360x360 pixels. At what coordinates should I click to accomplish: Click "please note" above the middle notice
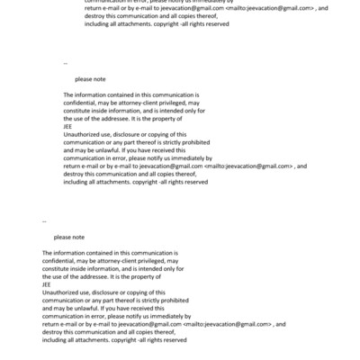(x=91, y=79)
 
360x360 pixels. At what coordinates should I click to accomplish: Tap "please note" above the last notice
(x=69, y=238)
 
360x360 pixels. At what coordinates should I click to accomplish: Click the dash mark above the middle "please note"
(x=66, y=64)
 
